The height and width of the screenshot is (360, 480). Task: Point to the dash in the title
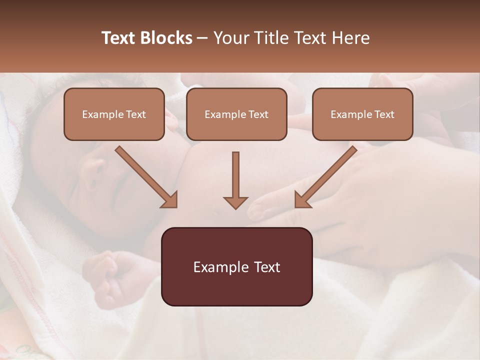tap(202, 38)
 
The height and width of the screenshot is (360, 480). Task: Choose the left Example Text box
tap(114, 114)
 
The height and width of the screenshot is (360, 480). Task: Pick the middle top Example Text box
tap(236, 114)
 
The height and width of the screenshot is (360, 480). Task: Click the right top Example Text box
tap(362, 114)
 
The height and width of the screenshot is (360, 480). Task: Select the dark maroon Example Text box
tap(236, 266)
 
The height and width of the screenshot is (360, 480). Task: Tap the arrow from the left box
tap(145, 175)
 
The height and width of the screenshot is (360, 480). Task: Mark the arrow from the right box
tap(327, 175)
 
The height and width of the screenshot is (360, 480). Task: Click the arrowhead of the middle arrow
tap(235, 202)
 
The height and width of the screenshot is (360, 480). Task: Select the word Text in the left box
tap(135, 114)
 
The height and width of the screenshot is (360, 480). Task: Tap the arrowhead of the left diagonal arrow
tap(170, 200)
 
